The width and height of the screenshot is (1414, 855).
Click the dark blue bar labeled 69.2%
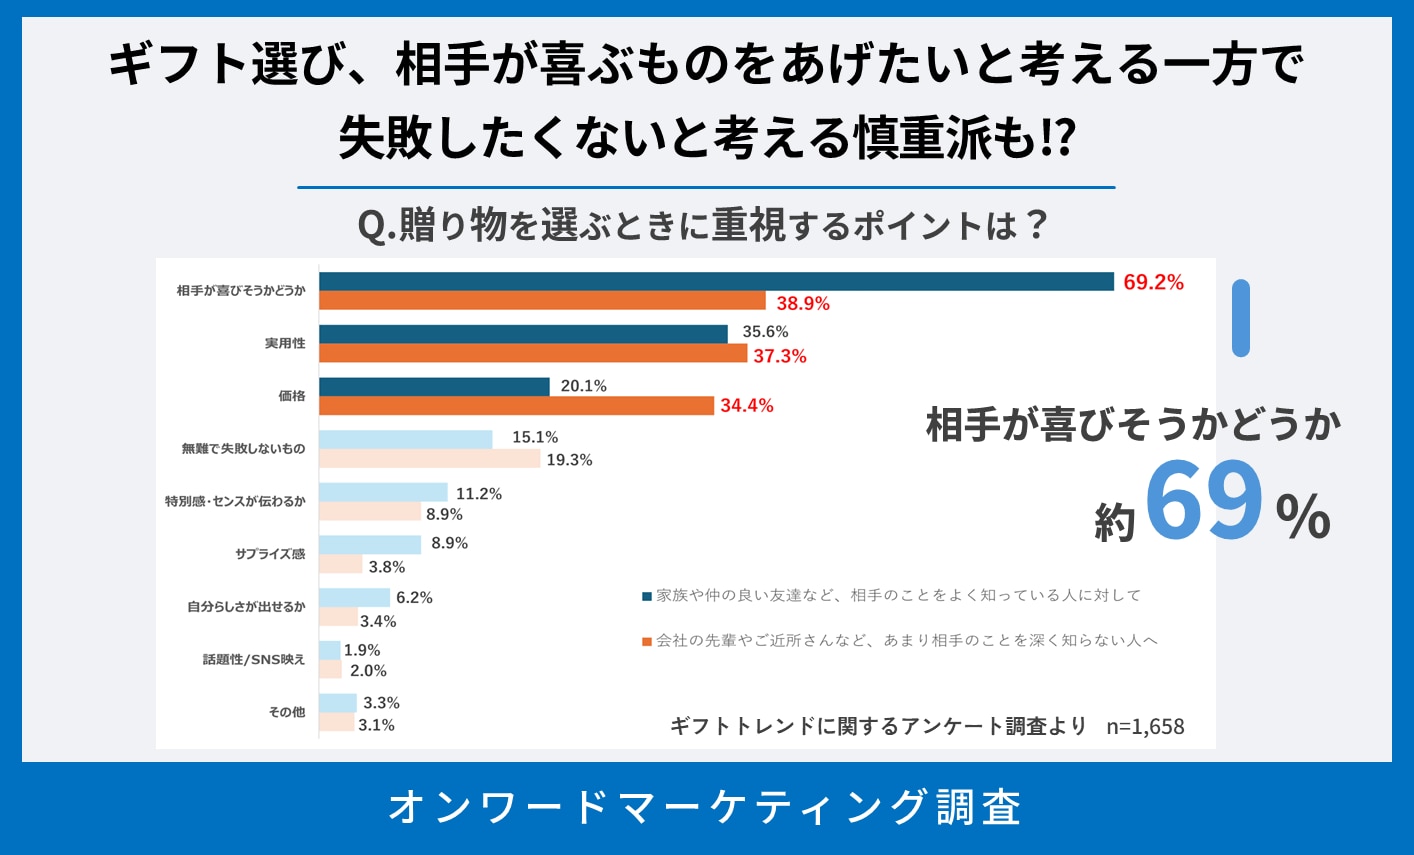click(716, 282)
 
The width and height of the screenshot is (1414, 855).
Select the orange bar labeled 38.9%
click(542, 301)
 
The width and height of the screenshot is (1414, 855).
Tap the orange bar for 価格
click(518, 405)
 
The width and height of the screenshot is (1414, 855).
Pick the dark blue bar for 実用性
click(523, 334)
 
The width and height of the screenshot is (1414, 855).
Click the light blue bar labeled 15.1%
click(406, 439)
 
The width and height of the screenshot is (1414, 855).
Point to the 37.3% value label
click(780, 356)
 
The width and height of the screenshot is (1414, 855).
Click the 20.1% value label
click(584, 386)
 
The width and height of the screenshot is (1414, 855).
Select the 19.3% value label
click(569, 460)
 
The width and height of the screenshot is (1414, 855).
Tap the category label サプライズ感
click(270, 554)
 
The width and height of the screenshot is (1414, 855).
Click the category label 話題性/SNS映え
click(254, 660)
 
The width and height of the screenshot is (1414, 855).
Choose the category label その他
click(287, 712)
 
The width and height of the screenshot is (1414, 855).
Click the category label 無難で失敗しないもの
click(243, 449)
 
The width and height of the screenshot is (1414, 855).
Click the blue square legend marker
click(647, 596)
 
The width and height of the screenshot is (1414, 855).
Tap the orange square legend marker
click(647, 641)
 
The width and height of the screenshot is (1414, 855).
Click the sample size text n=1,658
click(1145, 727)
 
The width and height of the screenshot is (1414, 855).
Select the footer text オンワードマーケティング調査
click(706, 807)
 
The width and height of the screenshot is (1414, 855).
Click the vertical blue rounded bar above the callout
click(1241, 318)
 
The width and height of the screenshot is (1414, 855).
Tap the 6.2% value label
click(414, 598)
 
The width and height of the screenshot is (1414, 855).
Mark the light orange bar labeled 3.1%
click(337, 722)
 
